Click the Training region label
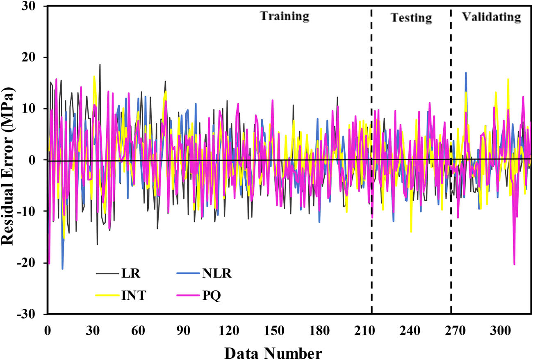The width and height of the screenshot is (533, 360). coord(285,16)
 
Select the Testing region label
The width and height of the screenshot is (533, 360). coord(411,18)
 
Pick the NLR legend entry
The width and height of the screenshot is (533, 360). coord(217,274)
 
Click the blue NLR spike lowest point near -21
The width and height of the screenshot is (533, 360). coord(62,269)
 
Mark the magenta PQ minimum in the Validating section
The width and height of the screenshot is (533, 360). coord(514,264)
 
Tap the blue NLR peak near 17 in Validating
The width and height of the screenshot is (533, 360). coord(466,73)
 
